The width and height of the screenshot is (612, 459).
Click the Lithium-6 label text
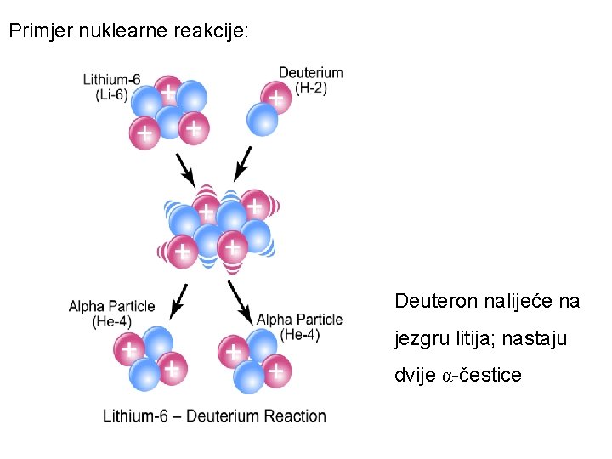click(111, 80)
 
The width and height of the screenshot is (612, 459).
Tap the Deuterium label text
click(311, 73)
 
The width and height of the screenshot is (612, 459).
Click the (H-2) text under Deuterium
click(311, 87)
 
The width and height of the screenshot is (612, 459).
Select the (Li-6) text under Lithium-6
click(111, 94)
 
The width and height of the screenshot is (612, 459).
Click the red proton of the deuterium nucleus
click(275, 98)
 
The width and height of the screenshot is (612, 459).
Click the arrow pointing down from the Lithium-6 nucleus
click(185, 170)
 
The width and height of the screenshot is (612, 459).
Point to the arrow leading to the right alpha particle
click(241, 303)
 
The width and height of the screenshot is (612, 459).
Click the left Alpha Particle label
click(111, 306)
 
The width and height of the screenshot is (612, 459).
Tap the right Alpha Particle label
click(299, 320)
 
